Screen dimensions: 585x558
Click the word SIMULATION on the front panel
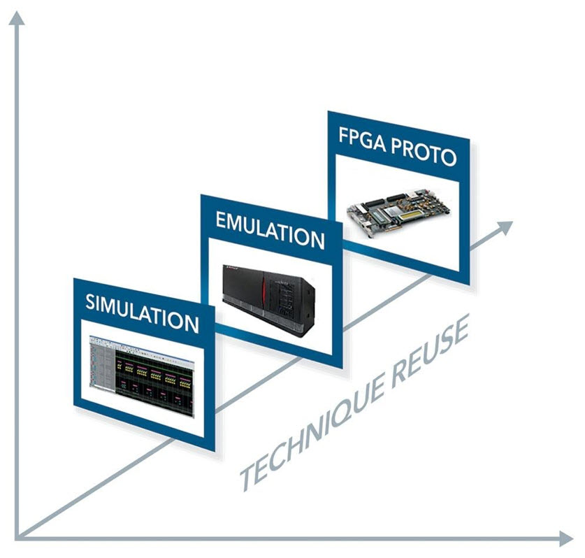[142, 313]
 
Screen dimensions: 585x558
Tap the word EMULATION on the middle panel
[270, 229]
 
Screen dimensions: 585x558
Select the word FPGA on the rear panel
[362, 139]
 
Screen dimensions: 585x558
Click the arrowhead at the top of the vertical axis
[16, 18]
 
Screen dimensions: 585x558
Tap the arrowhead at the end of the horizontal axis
[566, 538]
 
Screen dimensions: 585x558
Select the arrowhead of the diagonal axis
[505, 227]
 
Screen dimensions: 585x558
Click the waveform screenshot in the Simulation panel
[142, 376]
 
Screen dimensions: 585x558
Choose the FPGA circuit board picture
[399, 213]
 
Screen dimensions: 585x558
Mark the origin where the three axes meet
[17, 538]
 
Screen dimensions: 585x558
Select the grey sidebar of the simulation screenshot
[102, 364]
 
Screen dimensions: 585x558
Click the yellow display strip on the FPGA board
[412, 215]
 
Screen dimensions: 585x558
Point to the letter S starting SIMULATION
[90, 301]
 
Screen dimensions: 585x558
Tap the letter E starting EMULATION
[222, 220]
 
